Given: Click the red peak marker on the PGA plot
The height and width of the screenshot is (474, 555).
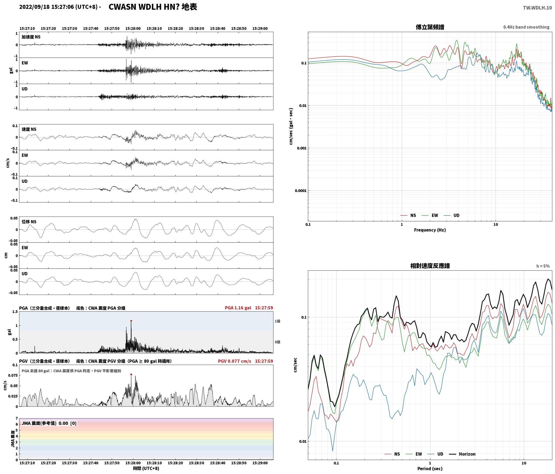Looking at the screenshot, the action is click(131, 321).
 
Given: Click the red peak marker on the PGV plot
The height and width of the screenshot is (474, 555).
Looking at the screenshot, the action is click(131, 374).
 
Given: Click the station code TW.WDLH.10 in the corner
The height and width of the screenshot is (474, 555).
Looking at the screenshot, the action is click(537, 8).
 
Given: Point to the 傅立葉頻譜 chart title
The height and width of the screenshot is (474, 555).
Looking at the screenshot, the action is click(430, 27).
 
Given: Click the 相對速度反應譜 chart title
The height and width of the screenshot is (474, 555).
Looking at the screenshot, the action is click(430, 266).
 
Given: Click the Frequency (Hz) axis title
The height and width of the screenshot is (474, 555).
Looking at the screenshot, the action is click(430, 230).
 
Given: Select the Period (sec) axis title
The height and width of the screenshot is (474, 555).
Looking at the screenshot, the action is click(430, 468).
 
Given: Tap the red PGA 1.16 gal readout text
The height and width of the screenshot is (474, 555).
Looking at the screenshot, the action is click(238, 308).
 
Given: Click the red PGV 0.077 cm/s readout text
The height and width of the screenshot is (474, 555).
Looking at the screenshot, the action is click(234, 361).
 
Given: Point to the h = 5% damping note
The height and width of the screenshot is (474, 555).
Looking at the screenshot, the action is click(543, 266).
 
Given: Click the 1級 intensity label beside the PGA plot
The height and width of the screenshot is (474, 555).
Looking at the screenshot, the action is click(277, 321).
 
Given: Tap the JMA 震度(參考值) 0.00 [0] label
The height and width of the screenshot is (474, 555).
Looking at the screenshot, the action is click(49, 423).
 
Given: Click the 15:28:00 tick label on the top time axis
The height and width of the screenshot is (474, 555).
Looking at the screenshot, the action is click(133, 28).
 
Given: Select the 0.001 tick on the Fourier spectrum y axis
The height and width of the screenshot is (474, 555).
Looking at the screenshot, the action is click(301, 148).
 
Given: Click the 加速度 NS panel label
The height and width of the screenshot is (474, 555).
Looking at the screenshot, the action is click(31, 37).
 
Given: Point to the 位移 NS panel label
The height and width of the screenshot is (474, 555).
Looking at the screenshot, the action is click(29, 222).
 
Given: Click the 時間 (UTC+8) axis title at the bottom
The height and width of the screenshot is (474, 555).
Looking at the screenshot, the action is click(146, 468).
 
